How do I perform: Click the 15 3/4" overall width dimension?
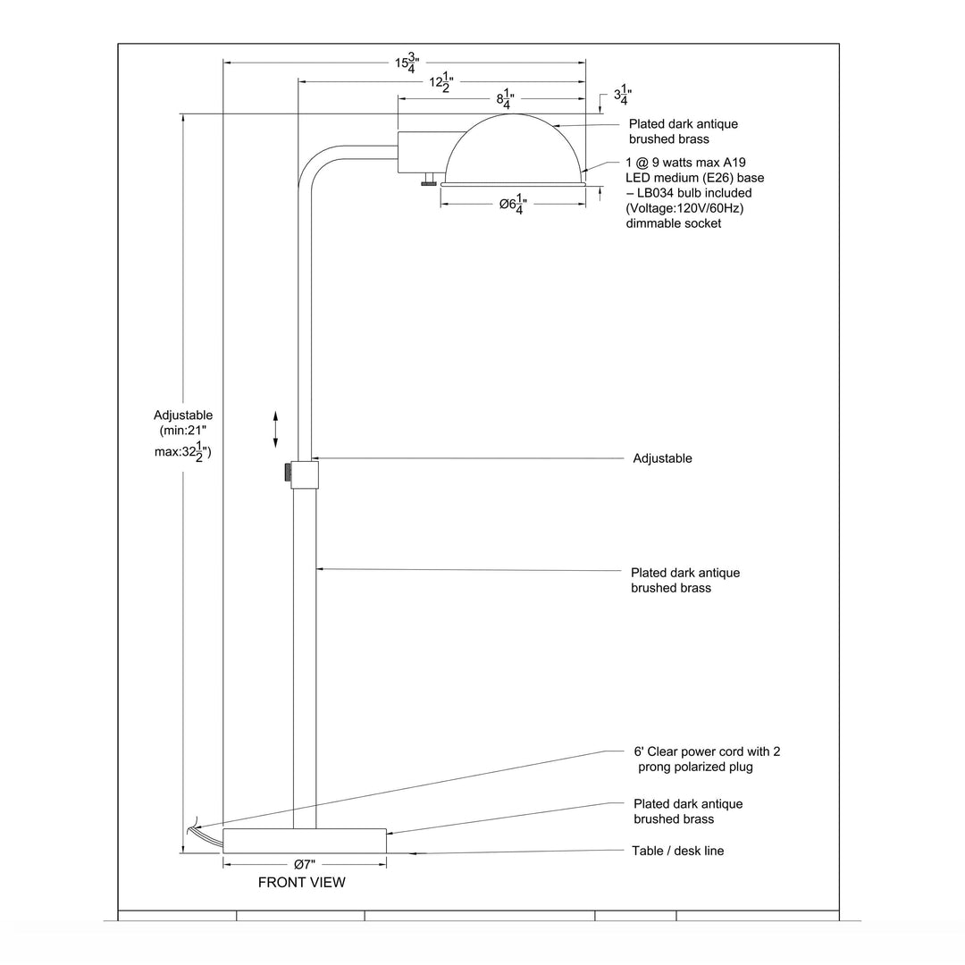[x=406, y=63]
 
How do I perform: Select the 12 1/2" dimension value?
[x=441, y=83]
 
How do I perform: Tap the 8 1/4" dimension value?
[x=505, y=100]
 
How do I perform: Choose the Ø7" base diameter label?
[x=304, y=864]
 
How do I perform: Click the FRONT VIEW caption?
[x=301, y=882]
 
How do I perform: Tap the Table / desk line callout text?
[x=677, y=851]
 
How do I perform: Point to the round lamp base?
[x=304, y=841]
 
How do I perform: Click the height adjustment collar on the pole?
[x=305, y=474]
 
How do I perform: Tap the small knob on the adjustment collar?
[x=287, y=473]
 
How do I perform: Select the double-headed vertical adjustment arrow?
[x=275, y=430]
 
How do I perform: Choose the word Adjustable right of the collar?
[x=662, y=458]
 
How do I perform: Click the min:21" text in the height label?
[x=183, y=431]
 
